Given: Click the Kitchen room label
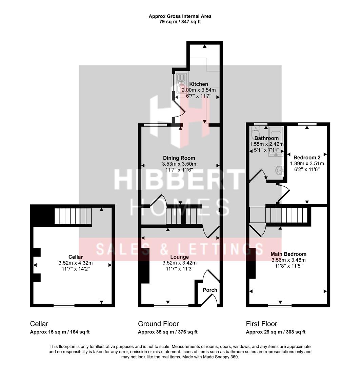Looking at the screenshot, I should coord(199,84).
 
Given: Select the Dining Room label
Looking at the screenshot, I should coord(179,158).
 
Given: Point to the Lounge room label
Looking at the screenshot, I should coord(180,257).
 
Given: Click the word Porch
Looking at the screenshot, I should coord(210,290).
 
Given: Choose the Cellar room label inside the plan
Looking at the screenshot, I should coord(75,257).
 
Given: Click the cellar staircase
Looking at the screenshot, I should coord(73,216).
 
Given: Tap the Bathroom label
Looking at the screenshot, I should coord(266,138).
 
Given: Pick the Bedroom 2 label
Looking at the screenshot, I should coord(307,158).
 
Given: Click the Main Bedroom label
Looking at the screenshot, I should coord(288,254).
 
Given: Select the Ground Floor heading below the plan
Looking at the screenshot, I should coord(158,324).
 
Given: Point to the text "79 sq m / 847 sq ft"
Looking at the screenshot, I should coord(180,22).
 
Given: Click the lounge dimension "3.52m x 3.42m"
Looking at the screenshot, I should coord(180,263).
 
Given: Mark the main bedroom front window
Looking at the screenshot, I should coord(279,305).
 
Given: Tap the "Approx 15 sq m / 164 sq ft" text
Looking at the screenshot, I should coord(60,332).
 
